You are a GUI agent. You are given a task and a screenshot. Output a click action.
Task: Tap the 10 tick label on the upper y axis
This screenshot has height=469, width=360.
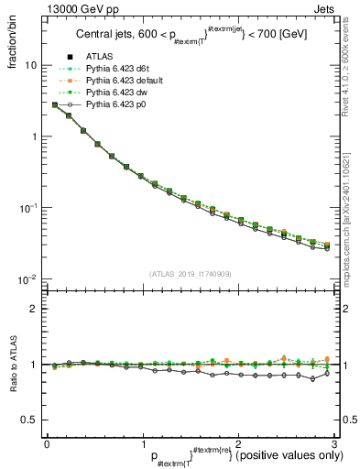[x=31, y=66]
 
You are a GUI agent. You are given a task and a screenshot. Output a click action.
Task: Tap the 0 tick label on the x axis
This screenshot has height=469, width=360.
[x=47, y=442]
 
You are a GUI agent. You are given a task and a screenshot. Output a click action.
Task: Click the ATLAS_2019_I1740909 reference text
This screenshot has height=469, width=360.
[x=189, y=274]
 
